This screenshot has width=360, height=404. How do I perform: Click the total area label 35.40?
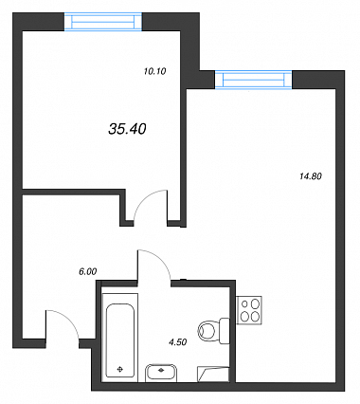click(127, 129)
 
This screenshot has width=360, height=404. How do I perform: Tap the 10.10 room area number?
click(154, 71)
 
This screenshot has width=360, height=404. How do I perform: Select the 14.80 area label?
click(310, 176)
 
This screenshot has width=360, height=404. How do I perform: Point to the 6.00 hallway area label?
click(88, 271)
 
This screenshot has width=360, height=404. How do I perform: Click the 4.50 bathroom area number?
click(178, 341)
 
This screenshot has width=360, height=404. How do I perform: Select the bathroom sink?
click(161, 372)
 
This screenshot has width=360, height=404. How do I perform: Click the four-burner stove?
click(249, 310)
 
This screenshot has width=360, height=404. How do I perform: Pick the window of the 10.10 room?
click(103, 22)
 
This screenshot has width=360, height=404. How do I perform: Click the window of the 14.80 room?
click(254, 80)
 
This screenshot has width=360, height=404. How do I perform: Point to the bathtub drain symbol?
click(120, 369)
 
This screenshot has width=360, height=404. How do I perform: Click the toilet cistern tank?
click(225, 331)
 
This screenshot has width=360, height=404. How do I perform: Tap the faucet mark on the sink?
click(161, 369)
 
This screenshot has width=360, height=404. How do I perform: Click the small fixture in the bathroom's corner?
click(213, 374)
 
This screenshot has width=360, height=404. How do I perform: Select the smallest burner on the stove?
click(244, 304)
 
